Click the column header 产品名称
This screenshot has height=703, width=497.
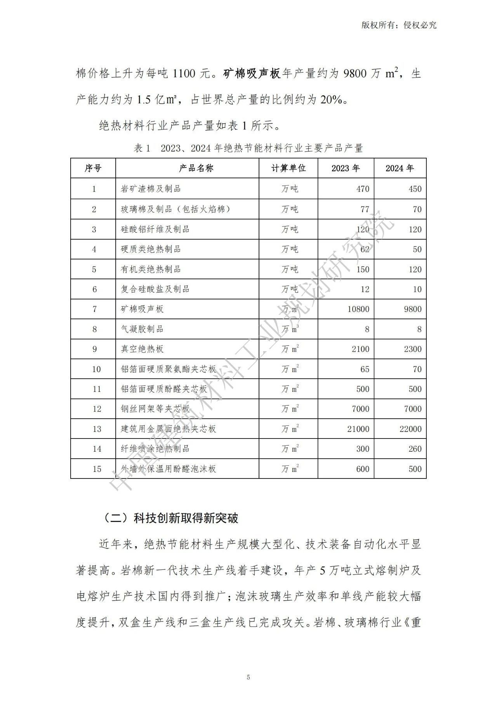[196, 168]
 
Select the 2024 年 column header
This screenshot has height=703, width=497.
[400, 168]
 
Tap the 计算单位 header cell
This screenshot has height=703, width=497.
[288, 168]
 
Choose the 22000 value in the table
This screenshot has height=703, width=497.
[410, 429]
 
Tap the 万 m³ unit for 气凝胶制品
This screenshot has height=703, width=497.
[290, 329]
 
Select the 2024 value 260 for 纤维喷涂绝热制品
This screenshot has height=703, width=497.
[415, 449]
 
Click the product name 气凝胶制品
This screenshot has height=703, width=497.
[142, 329]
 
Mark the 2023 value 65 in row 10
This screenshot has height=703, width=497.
[365, 369]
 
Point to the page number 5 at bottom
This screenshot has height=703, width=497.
[248, 677]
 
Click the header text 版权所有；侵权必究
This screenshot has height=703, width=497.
[399, 25]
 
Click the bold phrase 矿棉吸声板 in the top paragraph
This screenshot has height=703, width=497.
[252, 73]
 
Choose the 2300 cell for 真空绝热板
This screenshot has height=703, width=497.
[412, 349]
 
